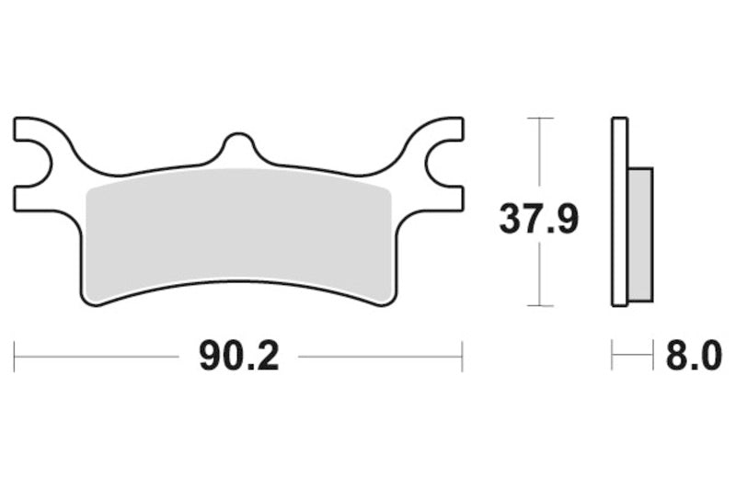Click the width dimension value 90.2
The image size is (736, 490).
tap(238, 355)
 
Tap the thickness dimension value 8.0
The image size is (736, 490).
tap(693, 355)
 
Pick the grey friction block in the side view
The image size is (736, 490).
tap(638, 234)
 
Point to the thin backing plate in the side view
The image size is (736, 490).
tap(618, 211)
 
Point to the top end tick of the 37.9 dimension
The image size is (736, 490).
tap(539, 119)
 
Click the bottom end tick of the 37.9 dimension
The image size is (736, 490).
tap(539, 305)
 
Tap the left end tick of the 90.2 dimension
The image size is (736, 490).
tap(15, 356)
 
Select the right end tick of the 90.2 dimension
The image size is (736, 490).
tap(462, 356)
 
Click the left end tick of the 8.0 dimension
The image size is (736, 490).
tap(613, 356)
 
